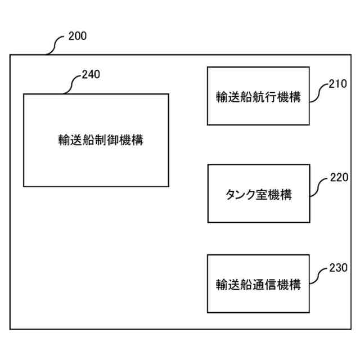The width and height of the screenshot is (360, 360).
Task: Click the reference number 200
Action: tap(77, 37)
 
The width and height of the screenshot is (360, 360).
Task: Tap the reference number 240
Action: tap(91, 75)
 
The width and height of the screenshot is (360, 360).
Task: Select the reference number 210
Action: tap(339, 85)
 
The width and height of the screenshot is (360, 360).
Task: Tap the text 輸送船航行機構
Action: tap(258, 96)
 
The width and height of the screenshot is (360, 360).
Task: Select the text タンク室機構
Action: tap(258, 195)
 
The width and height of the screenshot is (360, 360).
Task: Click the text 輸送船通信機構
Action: tap(258, 285)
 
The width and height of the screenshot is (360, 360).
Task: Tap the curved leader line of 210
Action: tap(319, 92)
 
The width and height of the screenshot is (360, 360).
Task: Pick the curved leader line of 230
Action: tap(319, 276)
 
